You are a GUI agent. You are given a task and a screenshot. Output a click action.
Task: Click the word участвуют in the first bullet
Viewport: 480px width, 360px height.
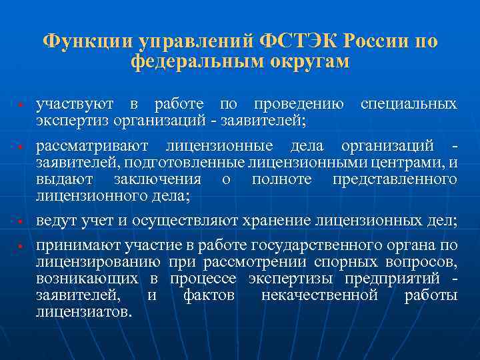(x=74, y=105)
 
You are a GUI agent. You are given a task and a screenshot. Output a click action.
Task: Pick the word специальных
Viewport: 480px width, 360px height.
(x=409, y=105)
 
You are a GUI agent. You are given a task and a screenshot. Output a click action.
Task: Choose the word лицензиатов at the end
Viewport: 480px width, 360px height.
(x=83, y=311)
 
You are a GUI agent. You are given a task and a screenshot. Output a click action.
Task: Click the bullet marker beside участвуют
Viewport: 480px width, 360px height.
(x=21, y=106)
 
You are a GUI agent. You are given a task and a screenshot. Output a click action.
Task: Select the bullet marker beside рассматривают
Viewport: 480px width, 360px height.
(x=21, y=147)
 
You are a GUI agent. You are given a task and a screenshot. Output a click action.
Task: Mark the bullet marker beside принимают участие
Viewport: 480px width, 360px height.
(x=21, y=247)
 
